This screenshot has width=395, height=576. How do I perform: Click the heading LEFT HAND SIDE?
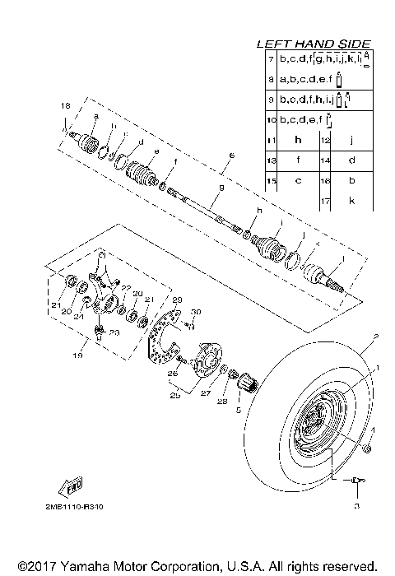[314, 44]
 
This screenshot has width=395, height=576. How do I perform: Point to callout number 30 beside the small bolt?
[196, 313]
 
